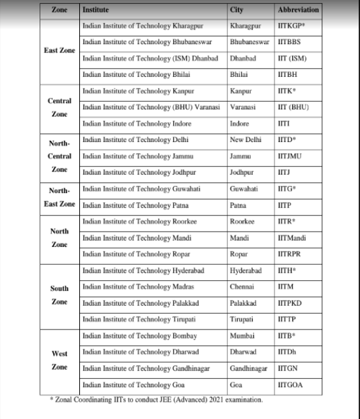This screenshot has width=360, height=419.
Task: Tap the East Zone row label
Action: [x=59, y=51]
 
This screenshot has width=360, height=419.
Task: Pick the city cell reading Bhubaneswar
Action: [x=251, y=43]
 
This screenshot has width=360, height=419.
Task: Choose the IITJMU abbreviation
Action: [x=292, y=156]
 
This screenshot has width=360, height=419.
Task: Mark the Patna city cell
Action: [x=238, y=206]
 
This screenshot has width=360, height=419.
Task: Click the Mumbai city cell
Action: [x=242, y=336]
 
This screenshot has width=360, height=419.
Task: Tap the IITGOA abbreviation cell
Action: [x=292, y=385]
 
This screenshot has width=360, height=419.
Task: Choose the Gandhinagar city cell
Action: [x=251, y=369]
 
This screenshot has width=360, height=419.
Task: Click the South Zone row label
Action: [x=59, y=295]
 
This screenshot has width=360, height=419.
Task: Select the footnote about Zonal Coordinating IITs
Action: [x=157, y=400]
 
